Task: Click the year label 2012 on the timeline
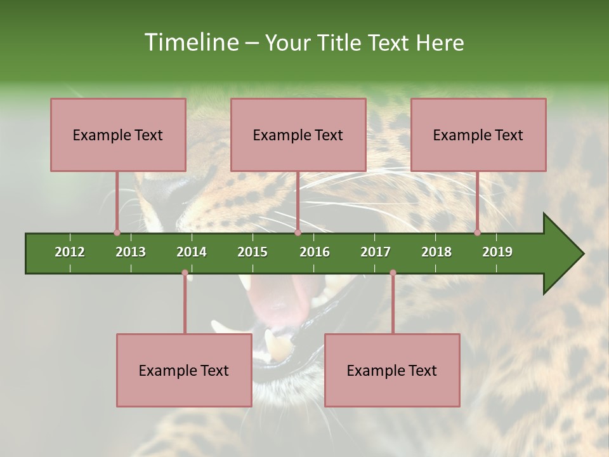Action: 70,252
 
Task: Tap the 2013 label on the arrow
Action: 131,252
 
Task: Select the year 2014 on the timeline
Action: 192,252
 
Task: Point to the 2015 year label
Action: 252,252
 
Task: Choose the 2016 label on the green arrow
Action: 315,252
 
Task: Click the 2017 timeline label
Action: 376,252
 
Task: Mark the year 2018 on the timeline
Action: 436,252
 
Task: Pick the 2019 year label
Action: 497,252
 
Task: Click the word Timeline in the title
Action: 190,43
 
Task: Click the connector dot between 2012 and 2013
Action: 117,232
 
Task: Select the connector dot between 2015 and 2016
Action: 298,232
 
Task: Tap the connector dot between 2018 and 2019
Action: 477,232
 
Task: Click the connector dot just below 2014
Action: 185,273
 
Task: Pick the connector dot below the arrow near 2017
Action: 393,273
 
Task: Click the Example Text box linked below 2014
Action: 184,370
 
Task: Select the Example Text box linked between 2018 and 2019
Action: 478,135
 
